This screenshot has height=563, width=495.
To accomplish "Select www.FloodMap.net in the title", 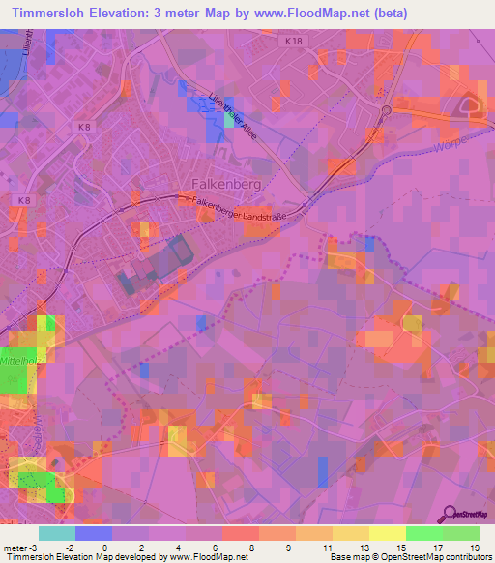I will point(312,13).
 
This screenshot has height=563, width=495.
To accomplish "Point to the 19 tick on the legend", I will point(474,547).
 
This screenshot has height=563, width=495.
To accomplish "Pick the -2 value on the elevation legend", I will point(70,547).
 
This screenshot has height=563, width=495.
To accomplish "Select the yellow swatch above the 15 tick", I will point(387,533).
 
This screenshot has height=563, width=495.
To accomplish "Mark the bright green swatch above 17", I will point(423,533).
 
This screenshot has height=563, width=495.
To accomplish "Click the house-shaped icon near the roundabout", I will point(474,105).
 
